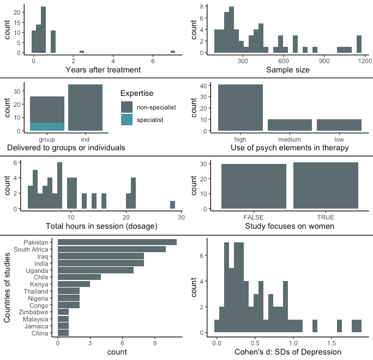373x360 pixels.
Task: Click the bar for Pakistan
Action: [117, 242]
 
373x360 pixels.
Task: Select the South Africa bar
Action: [112, 249]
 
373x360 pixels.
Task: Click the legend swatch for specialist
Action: [127, 119]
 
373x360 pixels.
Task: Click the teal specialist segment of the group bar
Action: [47, 126]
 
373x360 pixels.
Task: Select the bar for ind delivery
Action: [85, 108]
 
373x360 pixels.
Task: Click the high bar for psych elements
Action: [240, 108]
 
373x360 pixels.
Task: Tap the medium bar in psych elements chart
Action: [290, 125]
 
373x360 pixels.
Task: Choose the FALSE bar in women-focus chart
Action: [254, 186]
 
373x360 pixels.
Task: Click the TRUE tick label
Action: [326, 217]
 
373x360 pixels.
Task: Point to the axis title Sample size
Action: [288, 70]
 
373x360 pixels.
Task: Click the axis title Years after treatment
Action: [103, 70]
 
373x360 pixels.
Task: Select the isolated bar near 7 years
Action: [173, 52]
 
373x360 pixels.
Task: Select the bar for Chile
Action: [79, 277]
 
